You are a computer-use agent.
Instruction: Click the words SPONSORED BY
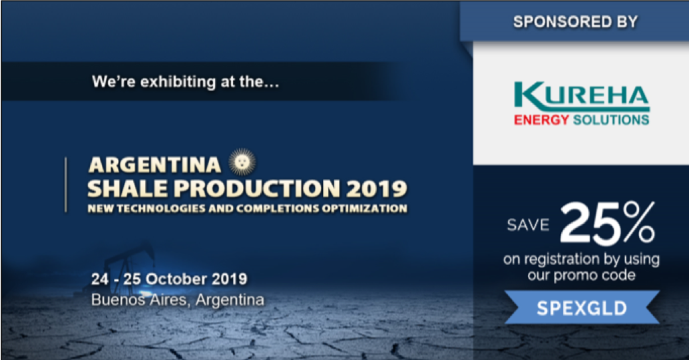[x=575, y=22]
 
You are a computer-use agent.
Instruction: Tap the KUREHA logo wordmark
[x=581, y=97]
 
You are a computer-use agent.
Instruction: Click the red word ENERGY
[x=541, y=120]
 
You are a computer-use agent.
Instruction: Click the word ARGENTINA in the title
[x=154, y=165]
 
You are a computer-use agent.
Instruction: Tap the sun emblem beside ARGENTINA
[x=242, y=162]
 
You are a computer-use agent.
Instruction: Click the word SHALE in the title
[x=127, y=188]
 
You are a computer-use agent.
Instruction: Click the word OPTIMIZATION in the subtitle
[x=364, y=208]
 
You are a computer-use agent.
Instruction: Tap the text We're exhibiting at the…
[x=186, y=82]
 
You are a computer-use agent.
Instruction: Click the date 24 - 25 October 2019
[x=169, y=279]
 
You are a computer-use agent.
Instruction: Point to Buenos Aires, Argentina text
[x=178, y=300]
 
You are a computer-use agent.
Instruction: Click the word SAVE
[x=528, y=225]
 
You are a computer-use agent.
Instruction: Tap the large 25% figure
[x=607, y=223]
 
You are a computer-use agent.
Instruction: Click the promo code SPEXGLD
[x=582, y=308]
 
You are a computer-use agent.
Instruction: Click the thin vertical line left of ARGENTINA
[x=66, y=185]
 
